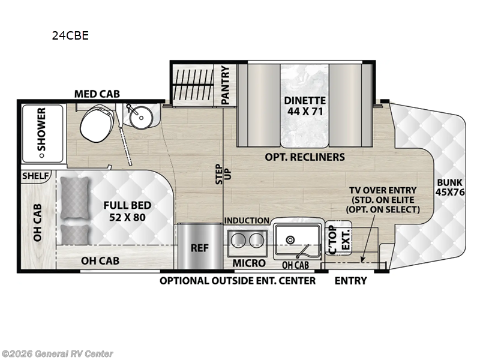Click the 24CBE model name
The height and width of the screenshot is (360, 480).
[x=70, y=35]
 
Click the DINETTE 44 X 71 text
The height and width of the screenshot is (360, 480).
[x=305, y=106]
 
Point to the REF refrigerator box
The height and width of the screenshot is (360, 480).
[x=199, y=247]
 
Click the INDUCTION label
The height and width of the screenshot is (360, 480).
[x=247, y=221]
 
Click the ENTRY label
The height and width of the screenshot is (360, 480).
[x=350, y=280]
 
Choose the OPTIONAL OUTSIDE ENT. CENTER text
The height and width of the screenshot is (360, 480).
[x=238, y=280]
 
